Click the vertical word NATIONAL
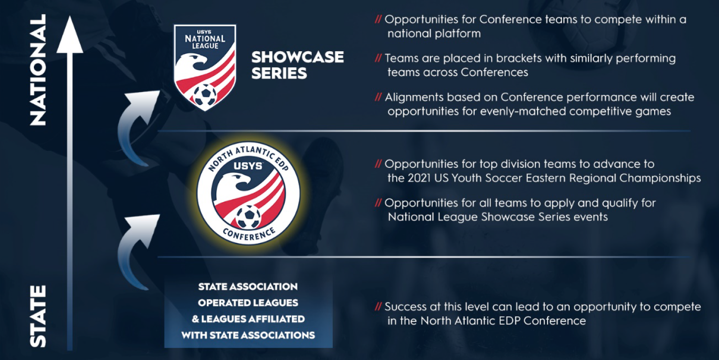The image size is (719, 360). click(x=38, y=70)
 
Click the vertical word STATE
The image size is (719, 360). click(x=38, y=316)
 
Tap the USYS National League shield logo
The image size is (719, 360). click(x=205, y=67)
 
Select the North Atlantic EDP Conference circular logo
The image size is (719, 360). click(x=249, y=193)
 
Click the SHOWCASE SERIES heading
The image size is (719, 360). click(x=297, y=65)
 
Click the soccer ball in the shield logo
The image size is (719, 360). click(x=205, y=95)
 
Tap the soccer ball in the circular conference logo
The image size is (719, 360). click(x=248, y=217)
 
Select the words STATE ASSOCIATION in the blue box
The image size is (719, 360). click(x=248, y=287)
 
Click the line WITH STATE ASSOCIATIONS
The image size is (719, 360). click(x=248, y=335)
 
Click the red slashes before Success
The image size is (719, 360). click(x=378, y=307)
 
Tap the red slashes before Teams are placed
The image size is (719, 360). click(x=378, y=58)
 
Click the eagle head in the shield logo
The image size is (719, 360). click(x=193, y=61)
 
